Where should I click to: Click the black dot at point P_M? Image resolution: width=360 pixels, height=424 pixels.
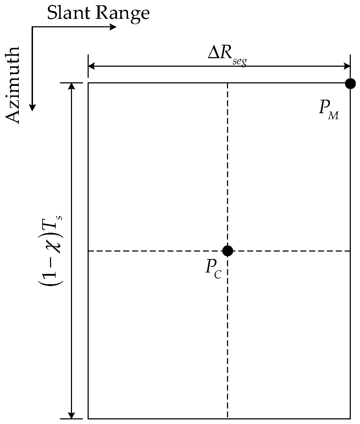[x=350, y=84]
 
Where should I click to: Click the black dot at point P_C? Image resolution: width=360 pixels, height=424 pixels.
[x=227, y=251]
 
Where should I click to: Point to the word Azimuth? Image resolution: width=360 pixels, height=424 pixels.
[x=14, y=85]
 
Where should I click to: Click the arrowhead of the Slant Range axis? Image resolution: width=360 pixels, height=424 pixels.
[x=113, y=27]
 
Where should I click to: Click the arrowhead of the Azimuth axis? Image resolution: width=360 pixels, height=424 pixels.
[x=32, y=108]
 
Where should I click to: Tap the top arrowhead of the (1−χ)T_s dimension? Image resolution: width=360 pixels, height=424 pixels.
[x=72, y=86]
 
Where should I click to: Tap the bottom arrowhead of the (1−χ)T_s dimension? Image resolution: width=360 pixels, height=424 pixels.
[x=72, y=415]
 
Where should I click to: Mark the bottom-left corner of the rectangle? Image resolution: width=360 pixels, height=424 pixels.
[x=88, y=419]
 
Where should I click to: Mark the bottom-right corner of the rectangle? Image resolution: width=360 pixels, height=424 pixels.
[x=350, y=419]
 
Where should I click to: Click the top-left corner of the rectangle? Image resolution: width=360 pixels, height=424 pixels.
[x=88, y=83]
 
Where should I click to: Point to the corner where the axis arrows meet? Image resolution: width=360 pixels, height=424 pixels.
[x=32, y=27]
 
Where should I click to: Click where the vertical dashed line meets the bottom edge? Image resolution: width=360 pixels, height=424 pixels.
[x=227, y=419]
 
